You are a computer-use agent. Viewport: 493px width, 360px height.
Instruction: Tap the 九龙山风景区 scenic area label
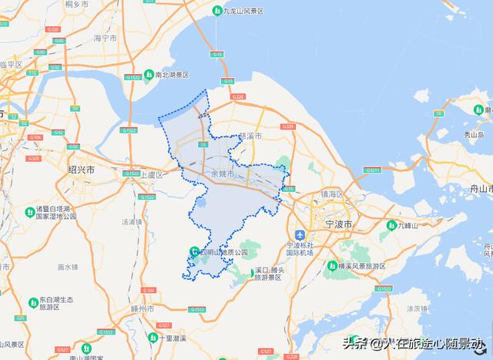[x=243, y=11]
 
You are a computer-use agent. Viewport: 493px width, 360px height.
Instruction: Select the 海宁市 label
[x=104, y=37]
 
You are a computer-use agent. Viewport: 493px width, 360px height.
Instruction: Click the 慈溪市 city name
[x=250, y=136]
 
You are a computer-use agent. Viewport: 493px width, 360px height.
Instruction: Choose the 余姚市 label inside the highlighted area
[x=223, y=175]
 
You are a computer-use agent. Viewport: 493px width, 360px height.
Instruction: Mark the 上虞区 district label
[x=150, y=175]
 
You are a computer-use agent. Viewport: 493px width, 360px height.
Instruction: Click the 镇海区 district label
[x=336, y=193]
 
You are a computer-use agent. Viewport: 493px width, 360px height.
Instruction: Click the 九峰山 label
[x=406, y=226]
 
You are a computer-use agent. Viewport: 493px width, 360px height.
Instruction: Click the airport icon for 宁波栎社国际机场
[x=300, y=234]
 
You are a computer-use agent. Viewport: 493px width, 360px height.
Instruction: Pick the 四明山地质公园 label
[x=224, y=252]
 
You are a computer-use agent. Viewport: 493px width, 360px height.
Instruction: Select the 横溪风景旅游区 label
[x=365, y=265]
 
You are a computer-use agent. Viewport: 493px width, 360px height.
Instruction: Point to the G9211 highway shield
[x=373, y=170]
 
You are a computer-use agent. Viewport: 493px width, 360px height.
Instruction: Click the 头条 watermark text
[x=354, y=343]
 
